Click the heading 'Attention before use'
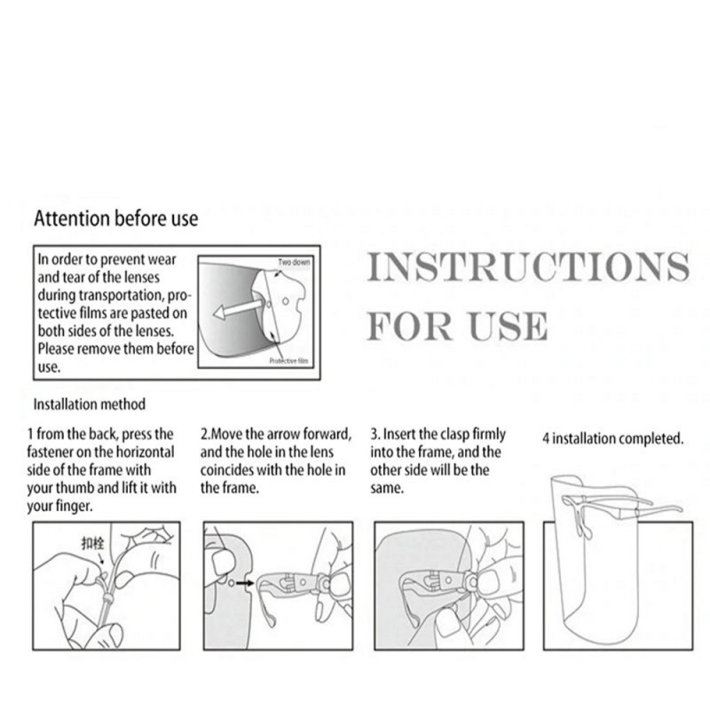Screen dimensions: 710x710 click(x=116, y=218)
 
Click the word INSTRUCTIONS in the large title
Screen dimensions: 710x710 click(x=528, y=267)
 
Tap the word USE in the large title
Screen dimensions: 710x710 click(x=508, y=326)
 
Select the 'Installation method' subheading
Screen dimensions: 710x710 click(x=90, y=404)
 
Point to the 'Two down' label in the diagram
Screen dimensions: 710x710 click(x=294, y=262)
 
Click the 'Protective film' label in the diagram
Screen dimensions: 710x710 click(x=288, y=361)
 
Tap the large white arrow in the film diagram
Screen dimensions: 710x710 click(x=237, y=310)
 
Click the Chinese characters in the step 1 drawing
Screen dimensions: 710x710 click(x=92, y=543)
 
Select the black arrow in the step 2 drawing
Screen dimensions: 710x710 click(x=245, y=583)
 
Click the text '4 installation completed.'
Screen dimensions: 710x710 click(x=612, y=438)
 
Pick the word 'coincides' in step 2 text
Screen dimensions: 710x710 click(x=226, y=470)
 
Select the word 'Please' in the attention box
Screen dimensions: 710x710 click(x=56, y=349)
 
